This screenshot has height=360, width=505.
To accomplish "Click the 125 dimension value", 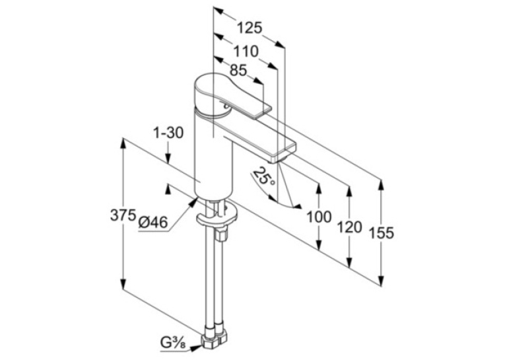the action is coord(250,28).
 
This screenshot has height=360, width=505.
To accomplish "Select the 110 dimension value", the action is coord(246,52).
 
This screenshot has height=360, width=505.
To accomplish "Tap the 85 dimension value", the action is coord(238,70).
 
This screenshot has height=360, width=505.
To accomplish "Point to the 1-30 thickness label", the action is coord(168,133).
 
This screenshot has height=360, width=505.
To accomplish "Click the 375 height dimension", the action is coord(123,215).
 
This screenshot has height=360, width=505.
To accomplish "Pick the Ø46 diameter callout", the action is coord(153,223).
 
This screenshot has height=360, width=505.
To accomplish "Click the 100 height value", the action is coord(319,217).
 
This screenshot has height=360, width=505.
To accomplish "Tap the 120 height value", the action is coord(349,227).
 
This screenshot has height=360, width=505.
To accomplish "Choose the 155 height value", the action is coord(381,233).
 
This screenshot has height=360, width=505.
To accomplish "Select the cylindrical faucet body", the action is coord(213,153).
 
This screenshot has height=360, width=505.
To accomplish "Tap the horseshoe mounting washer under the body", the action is coord(217,215).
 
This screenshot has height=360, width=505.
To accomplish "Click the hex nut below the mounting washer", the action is coord(222,234).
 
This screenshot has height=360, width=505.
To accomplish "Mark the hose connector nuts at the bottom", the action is coord(213,340).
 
